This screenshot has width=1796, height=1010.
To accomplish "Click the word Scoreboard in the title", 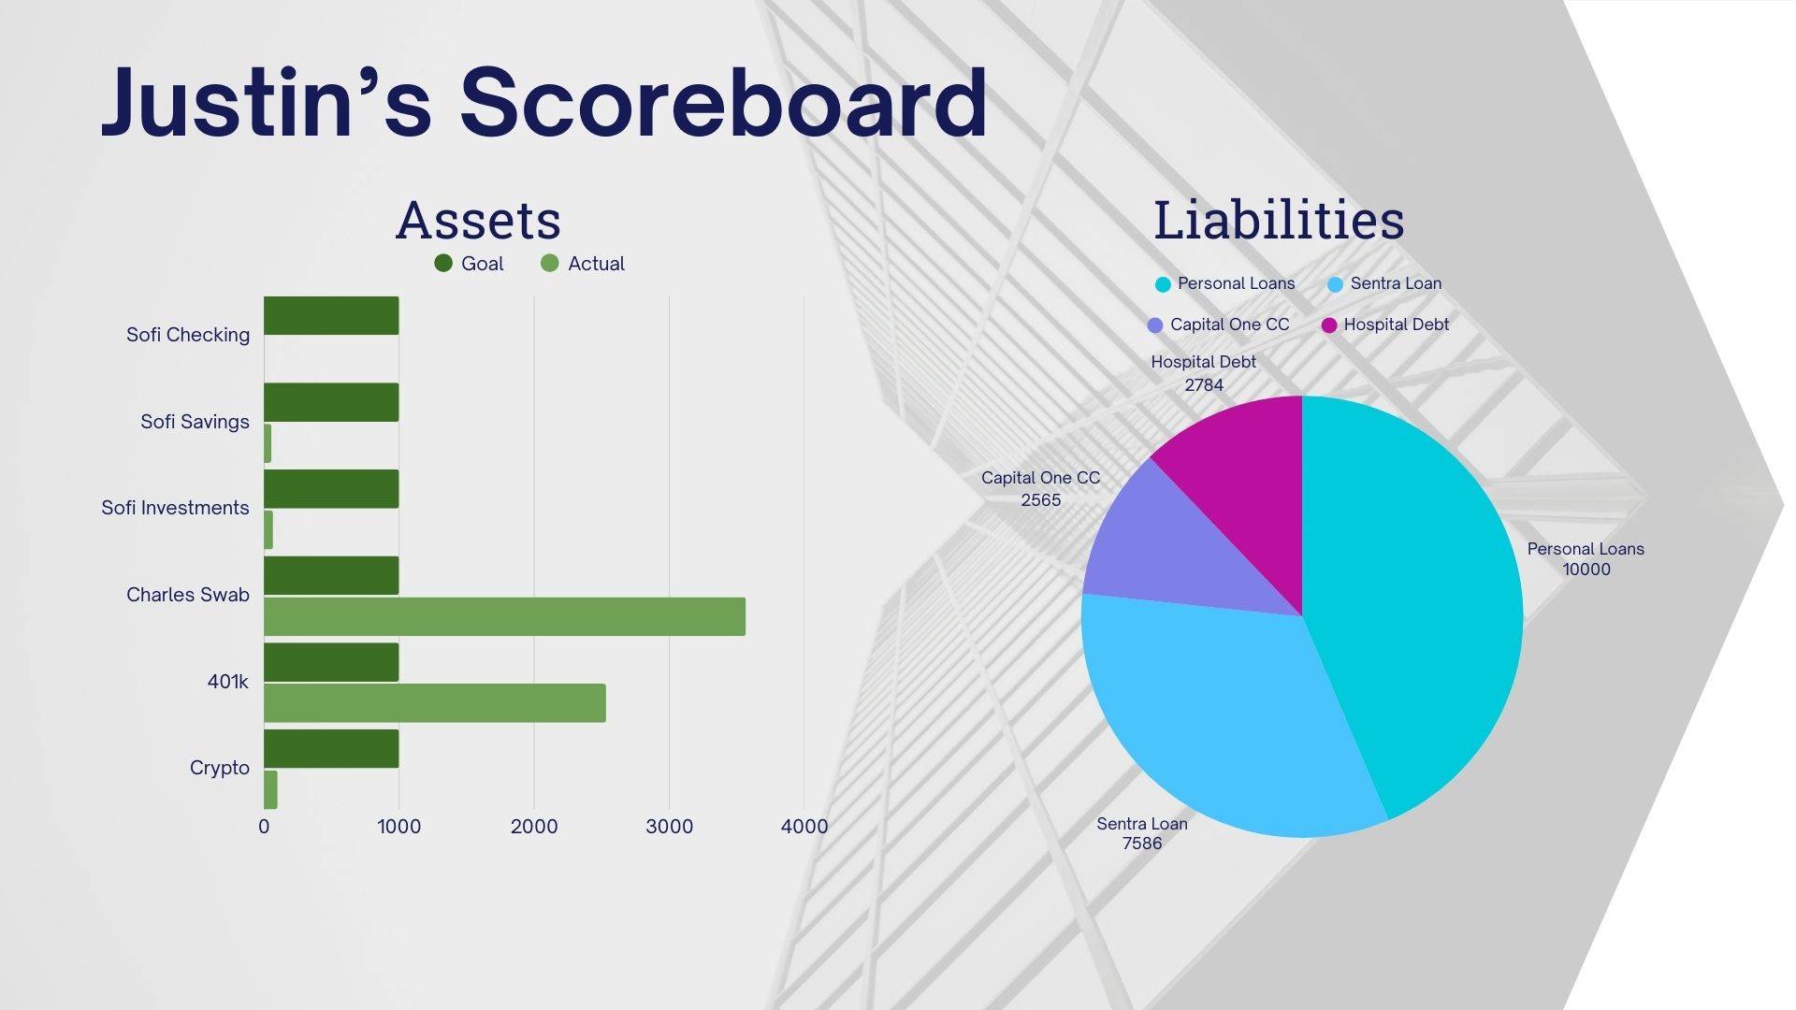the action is (723, 103).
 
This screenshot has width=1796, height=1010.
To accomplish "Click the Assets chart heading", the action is (478, 221).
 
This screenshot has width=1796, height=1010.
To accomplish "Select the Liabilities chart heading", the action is (1279, 220).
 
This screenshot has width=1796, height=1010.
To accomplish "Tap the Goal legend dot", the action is (443, 264).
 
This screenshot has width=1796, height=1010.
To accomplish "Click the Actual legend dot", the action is (550, 264).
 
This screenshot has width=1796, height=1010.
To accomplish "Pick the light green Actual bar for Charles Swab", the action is (504, 616).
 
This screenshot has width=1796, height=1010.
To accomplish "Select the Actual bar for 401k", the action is (435, 703).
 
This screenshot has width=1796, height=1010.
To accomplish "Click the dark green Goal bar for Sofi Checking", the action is (331, 315).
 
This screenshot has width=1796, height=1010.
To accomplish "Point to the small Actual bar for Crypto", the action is (270, 789).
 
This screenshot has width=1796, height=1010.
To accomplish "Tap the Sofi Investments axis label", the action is (175, 508).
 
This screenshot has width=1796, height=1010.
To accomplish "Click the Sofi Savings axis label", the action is (195, 422).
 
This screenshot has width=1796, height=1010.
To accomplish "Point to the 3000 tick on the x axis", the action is (669, 827).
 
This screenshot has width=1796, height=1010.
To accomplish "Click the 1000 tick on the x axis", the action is (399, 827).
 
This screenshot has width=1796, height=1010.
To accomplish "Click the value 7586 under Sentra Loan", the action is (1142, 844).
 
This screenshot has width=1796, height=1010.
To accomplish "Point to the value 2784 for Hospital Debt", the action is (1204, 385).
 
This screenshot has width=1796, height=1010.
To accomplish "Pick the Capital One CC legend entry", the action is (1218, 325).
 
